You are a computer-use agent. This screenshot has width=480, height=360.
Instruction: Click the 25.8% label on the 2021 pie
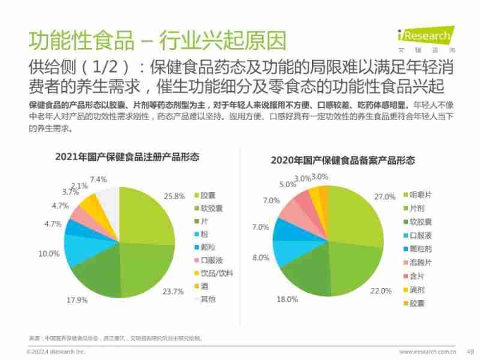click(x=174, y=196)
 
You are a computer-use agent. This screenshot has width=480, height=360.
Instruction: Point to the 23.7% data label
click(x=173, y=292)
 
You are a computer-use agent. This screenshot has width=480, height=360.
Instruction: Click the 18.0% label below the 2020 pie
click(x=285, y=299)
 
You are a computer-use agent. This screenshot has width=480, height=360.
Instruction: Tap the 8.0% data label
click(x=260, y=257)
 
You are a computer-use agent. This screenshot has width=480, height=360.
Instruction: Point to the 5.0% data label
click(x=287, y=185)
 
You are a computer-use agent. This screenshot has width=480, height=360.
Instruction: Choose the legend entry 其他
click(x=208, y=299)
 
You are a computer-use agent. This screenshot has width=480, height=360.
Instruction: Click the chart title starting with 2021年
click(x=127, y=157)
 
